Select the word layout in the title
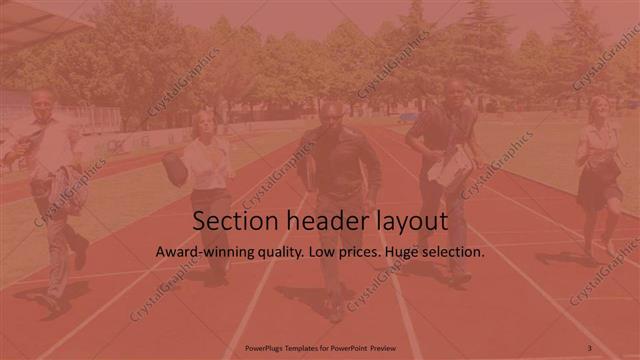coord(409,221)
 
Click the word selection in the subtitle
coord(456,253)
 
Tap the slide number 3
coord(589,347)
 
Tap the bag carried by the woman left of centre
coord(174,167)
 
